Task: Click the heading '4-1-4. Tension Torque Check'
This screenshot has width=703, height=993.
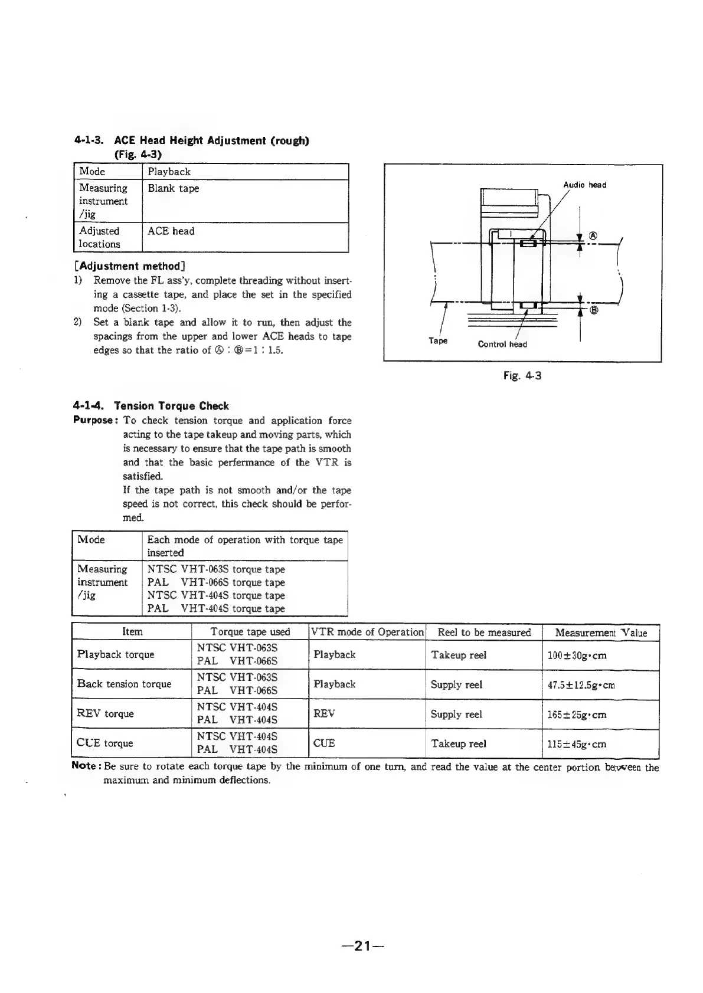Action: click(151, 406)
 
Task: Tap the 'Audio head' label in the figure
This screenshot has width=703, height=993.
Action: click(584, 185)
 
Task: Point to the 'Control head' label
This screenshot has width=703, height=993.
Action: click(502, 344)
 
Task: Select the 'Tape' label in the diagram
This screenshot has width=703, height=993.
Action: click(437, 340)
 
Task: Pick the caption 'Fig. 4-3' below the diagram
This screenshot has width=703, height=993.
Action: click(522, 375)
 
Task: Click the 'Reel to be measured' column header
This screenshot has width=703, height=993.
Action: click(484, 632)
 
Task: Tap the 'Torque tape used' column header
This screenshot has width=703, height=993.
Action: click(250, 632)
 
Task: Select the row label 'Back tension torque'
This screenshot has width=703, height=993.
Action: click(124, 684)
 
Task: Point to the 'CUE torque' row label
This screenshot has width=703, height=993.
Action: click(105, 743)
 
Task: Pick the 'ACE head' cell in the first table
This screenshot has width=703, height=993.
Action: click(171, 231)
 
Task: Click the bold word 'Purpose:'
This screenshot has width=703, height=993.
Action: click(93, 420)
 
